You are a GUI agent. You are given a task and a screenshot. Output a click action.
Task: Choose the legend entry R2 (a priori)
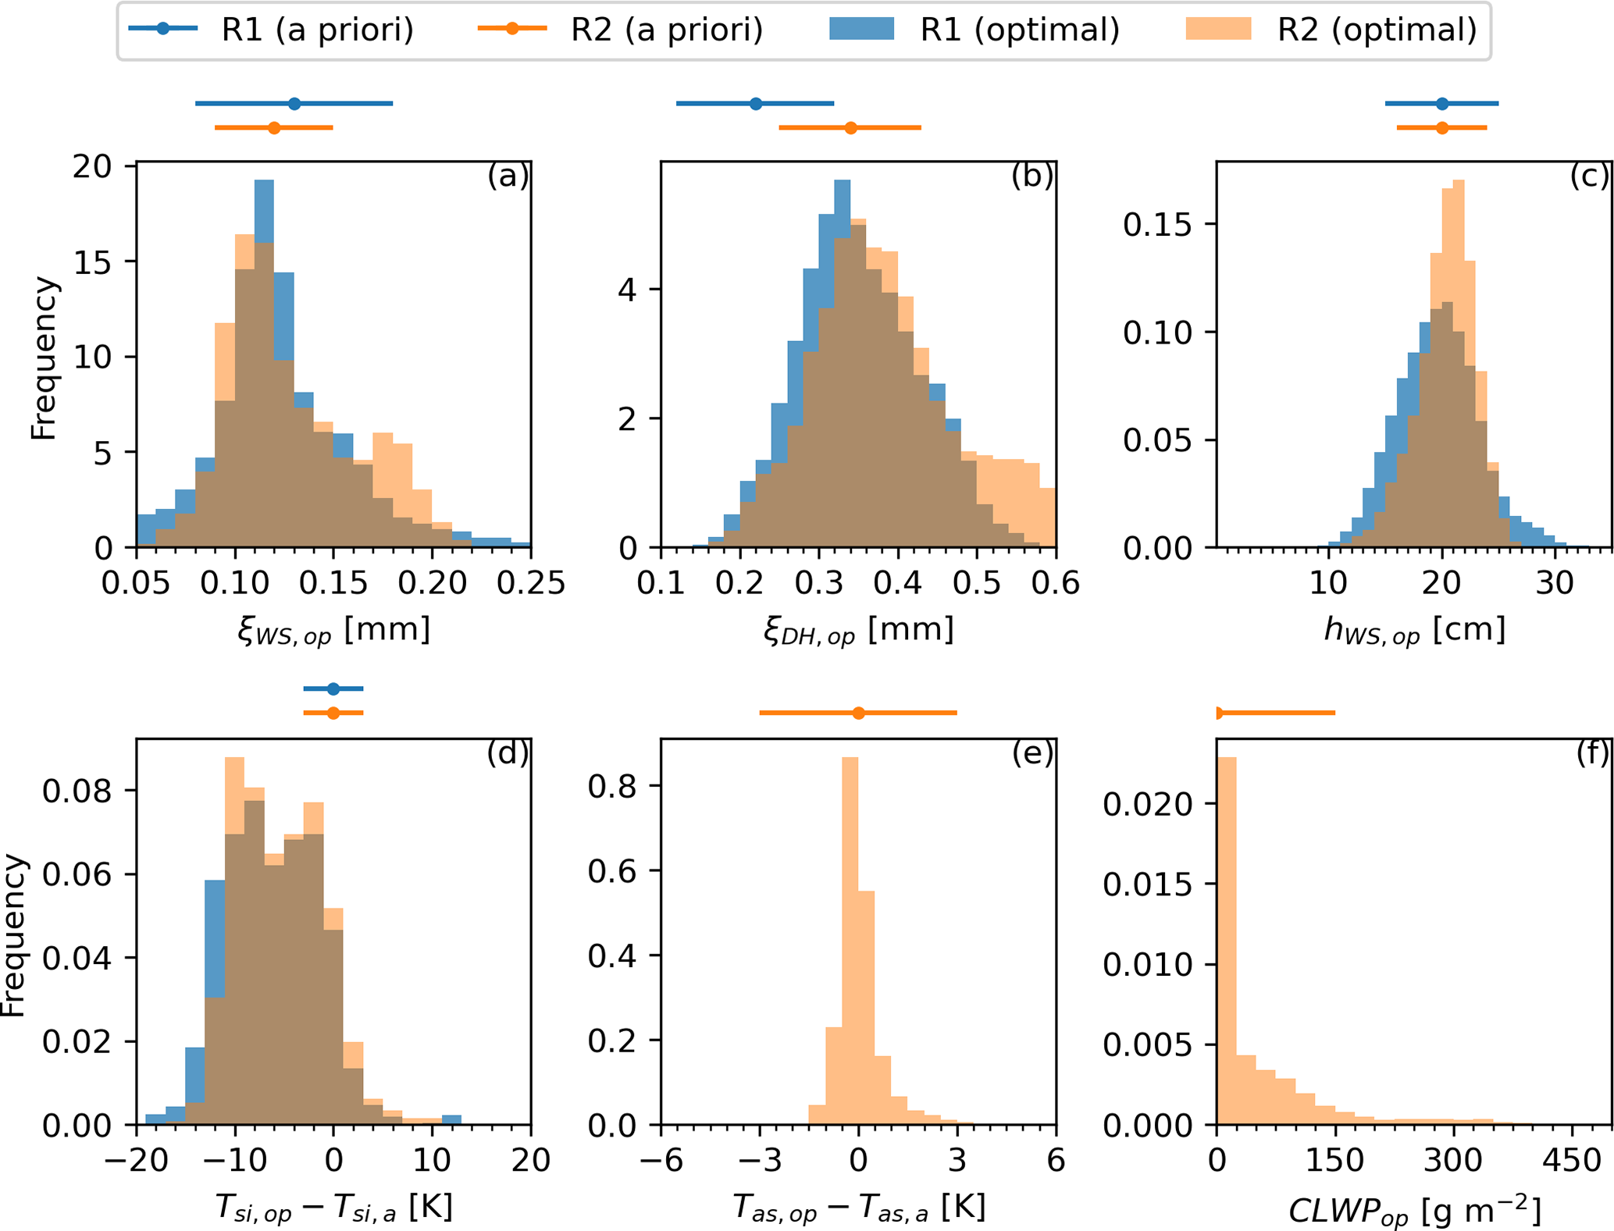pos(621,30)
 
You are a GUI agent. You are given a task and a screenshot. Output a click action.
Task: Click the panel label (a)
pos(508,176)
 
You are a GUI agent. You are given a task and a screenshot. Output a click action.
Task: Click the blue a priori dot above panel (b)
pos(755,103)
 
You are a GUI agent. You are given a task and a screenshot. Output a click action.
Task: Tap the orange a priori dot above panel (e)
pos(858,713)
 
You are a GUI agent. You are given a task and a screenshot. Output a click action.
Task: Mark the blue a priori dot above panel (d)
pos(333,688)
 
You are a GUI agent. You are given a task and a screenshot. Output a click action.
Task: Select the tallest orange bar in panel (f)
pos(1226,937)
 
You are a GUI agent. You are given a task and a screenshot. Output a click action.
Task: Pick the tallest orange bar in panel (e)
pos(850,937)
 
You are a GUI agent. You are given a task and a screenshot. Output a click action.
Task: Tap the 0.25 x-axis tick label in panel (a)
pos(530,583)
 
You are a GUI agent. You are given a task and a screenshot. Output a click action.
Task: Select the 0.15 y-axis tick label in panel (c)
pos(1158,225)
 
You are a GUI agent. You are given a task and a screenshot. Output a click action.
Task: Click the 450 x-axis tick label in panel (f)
pos(1570,1161)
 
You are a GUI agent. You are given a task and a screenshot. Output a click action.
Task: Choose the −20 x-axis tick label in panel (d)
pos(136,1161)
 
